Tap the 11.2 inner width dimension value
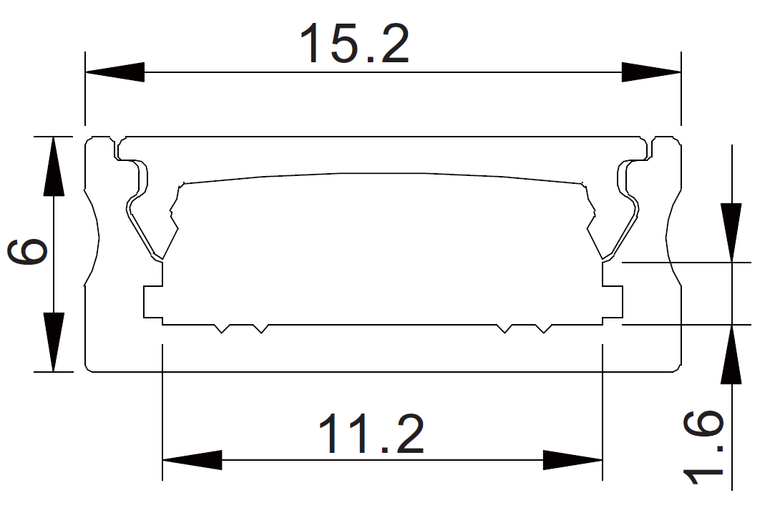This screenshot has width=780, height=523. (371, 434)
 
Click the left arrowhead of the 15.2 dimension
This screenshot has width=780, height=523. (114, 72)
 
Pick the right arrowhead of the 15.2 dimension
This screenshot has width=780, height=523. (650, 72)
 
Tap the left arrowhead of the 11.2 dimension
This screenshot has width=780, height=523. (192, 459)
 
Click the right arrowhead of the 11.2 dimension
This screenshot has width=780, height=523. (572, 459)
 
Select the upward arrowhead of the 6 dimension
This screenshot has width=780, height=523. (54, 166)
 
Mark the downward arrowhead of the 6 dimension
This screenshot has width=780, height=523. (54, 342)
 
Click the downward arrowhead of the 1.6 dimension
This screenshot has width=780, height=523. (731, 233)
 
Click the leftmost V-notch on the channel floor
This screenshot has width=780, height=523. (223, 328)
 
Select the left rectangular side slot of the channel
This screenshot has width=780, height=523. (152, 302)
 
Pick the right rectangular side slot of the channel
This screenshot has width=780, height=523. (613, 302)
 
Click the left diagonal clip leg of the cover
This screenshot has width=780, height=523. (147, 229)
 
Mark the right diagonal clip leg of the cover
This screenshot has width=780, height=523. (619, 229)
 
